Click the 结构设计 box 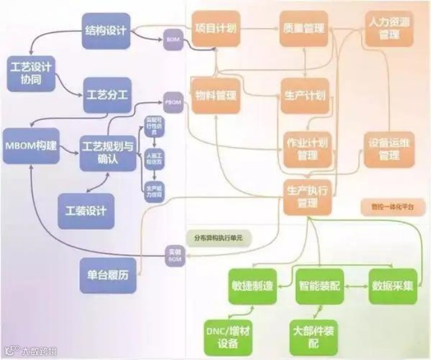coord(106,31)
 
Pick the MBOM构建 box coord(31,146)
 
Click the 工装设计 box coord(86,211)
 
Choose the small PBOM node coord(173,101)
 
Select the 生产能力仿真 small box coord(153,191)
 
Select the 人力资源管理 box coord(389,29)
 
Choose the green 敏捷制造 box coord(252,286)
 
